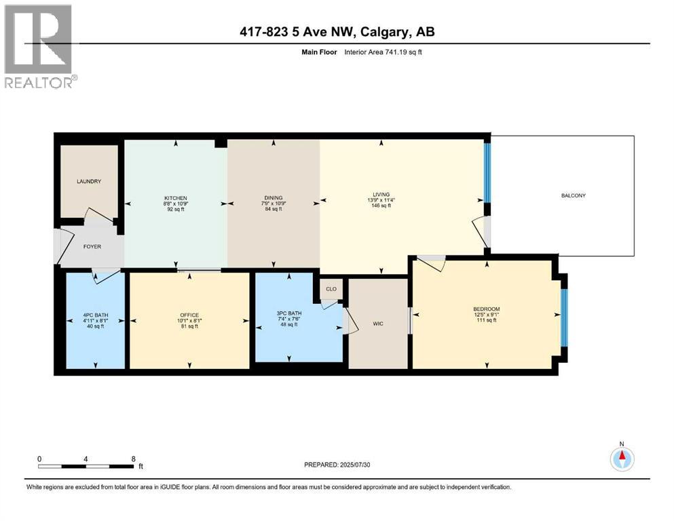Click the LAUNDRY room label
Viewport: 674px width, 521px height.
pos(89,182)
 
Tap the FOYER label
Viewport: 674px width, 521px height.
pos(92,246)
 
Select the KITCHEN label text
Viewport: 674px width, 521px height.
pos(175,197)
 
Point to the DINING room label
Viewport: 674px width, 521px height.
pos(274,197)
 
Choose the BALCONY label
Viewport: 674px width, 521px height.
pos(573,195)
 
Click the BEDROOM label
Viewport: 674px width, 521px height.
pos(487,309)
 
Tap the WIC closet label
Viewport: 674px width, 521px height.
pos(378,324)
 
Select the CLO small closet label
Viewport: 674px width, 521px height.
pos(331,289)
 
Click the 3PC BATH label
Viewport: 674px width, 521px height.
pos(288,313)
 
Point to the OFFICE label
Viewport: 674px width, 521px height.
pos(189,315)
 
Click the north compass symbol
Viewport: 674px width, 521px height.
pos(621,459)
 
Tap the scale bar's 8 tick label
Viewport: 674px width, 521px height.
pos(133,459)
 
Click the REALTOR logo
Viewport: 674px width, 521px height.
pos(40,47)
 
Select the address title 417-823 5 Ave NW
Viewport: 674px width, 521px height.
pos(337,31)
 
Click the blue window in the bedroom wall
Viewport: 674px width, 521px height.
pos(563,317)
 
